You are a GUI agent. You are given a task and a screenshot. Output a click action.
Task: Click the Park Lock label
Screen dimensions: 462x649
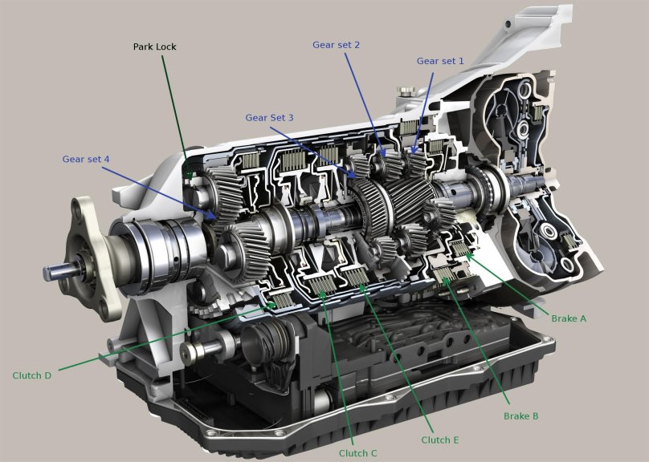[154, 47]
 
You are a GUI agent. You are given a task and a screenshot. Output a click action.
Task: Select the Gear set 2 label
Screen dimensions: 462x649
[336, 45]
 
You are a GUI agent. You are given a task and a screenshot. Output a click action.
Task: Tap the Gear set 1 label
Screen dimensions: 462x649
[440, 61]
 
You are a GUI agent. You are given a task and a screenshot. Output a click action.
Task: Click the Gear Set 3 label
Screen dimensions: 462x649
[269, 118]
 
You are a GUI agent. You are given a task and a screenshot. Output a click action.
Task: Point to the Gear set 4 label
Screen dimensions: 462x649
[86, 159]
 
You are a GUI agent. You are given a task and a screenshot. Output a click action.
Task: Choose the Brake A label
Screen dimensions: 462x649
[569, 318]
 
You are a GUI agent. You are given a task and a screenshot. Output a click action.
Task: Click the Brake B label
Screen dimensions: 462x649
[520, 416]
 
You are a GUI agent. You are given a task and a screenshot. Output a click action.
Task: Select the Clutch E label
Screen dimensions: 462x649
[440, 440]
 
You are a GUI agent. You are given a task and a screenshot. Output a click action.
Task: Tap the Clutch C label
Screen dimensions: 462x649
[358, 453]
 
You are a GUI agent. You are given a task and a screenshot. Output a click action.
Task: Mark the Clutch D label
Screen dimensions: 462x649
[32, 375]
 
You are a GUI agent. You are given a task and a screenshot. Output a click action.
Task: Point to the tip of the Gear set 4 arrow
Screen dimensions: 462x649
[215, 218]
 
